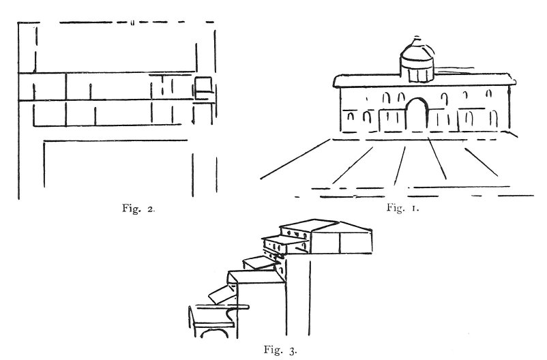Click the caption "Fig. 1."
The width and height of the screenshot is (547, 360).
402,208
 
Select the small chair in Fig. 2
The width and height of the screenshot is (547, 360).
204,88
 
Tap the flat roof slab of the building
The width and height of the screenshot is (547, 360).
423,82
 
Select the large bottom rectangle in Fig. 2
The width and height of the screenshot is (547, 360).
116,167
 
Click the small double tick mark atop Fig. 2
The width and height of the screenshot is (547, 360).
131,24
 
